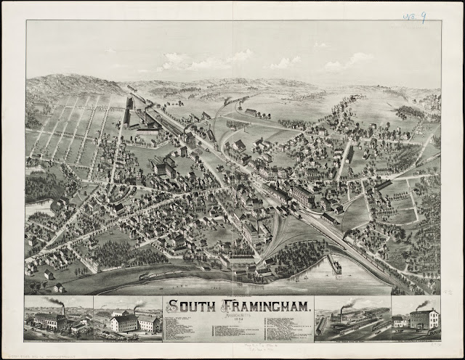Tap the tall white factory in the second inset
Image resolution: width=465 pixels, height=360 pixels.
124,322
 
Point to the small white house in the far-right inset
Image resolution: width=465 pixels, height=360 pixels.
399,321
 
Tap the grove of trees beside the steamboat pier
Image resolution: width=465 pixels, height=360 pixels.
302,254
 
